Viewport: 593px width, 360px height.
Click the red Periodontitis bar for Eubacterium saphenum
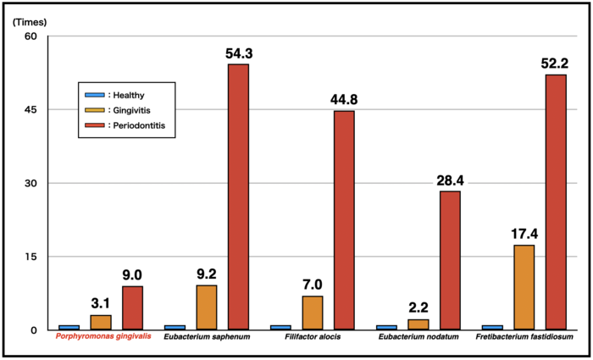tap(238, 197)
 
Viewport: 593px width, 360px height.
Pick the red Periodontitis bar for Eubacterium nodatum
tap(450, 260)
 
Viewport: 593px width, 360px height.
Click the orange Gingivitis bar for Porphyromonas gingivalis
tap(101, 322)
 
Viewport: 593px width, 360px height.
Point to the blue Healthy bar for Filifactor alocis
tap(280, 327)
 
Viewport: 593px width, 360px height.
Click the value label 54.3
tap(240, 53)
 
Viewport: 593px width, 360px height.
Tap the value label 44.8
tap(345, 100)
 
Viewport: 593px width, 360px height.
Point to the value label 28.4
tap(451, 180)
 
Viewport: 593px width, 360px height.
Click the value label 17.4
tap(524, 233)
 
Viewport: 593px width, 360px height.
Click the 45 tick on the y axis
tap(31, 110)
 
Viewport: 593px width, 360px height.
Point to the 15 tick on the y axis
tap(31, 257)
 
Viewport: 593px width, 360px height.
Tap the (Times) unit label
tap(29, 21)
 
